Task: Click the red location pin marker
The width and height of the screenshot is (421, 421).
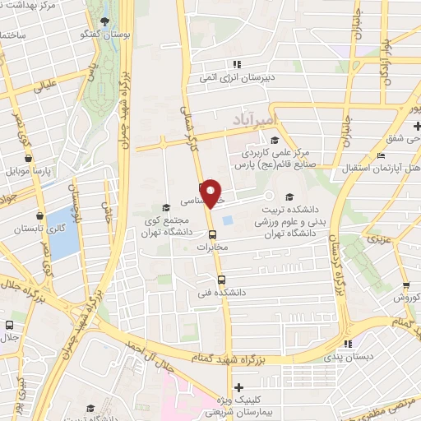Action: coord(211,193)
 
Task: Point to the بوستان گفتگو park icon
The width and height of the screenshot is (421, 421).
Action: coord(102,21)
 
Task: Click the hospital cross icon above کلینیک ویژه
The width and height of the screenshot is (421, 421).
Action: coord(238,387)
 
